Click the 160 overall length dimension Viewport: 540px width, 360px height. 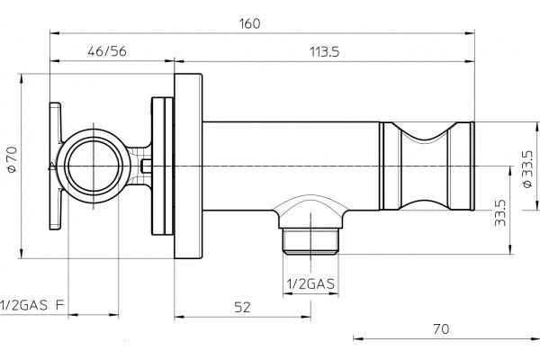[x=249, y=23]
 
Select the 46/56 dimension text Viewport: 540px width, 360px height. [x=107, y=51]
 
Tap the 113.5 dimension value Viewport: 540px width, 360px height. [x=324, y=52]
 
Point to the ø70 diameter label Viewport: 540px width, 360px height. [x=12, y=159]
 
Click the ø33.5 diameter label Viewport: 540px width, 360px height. [x=527, y=169]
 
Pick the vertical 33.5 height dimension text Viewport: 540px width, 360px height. [x=499, y=213]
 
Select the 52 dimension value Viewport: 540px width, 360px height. [x=242, y=307]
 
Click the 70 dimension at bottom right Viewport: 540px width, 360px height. [x=441, y=329]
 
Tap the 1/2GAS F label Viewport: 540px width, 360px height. [x=32, y=305]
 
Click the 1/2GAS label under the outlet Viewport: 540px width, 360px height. [x=310, y=283]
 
